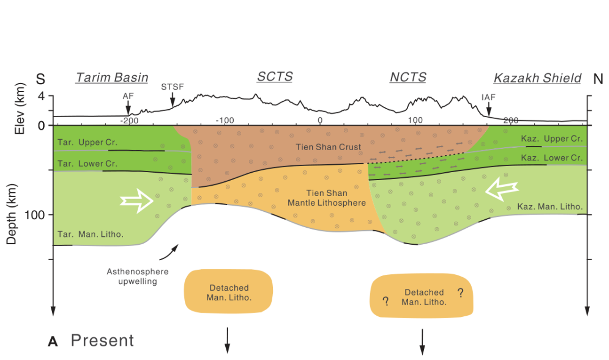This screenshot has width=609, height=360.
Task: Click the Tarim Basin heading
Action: click(112, 78)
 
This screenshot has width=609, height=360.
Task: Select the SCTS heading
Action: click(275, 77)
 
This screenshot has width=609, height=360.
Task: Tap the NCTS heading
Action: click(408, 77)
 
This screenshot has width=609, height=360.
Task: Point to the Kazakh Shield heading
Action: click(538, 78)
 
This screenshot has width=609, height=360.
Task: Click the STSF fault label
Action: click(173, 87)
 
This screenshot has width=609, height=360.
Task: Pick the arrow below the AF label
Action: click(128, 108)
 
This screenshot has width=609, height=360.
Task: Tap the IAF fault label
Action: click(489, 97)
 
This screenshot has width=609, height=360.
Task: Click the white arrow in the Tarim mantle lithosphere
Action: click(137, 201)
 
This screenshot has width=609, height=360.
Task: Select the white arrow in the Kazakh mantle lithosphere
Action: click(502, 189)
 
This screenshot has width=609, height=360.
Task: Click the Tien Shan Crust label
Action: click(328, 147)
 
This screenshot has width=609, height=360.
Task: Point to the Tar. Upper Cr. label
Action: click(87, 142)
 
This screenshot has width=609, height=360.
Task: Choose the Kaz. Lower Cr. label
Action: click(552, 158)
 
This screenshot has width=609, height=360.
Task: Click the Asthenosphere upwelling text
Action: click(138, 276)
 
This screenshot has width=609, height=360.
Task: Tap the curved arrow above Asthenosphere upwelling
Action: click(169, 253)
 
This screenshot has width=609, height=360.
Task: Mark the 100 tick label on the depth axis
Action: click(34, 215)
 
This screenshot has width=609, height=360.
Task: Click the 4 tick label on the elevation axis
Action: click(41, 96)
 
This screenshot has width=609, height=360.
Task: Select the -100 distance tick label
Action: click(225, 120)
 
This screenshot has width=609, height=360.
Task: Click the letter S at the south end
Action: click(40, 79)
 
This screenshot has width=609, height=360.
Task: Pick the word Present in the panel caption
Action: click(103, 340)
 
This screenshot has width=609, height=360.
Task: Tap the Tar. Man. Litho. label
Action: click(91, 234)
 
